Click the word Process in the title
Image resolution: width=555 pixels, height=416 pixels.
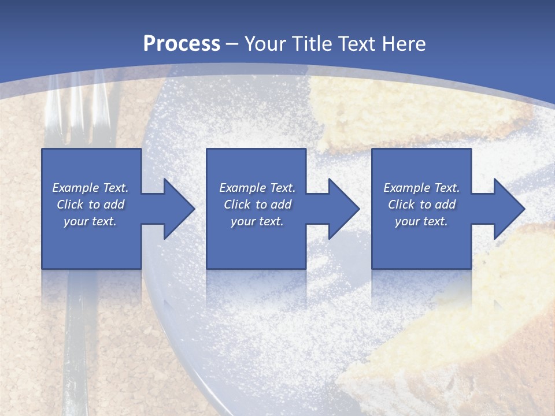[182, 43]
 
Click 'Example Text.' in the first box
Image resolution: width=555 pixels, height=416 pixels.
[90, 188]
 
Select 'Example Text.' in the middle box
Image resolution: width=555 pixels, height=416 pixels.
[257, 188]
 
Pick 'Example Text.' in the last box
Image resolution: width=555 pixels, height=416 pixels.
[421, 188]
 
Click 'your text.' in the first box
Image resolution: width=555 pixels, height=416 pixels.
[90, 221]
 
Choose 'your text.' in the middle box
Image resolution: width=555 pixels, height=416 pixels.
[257, 221]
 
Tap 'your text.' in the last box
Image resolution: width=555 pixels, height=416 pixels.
[421, 221]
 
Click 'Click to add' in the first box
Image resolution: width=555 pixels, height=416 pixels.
[90, 205]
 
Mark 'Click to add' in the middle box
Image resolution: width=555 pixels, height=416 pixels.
[257, 205]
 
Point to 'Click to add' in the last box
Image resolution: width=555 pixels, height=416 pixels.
[421, 205]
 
